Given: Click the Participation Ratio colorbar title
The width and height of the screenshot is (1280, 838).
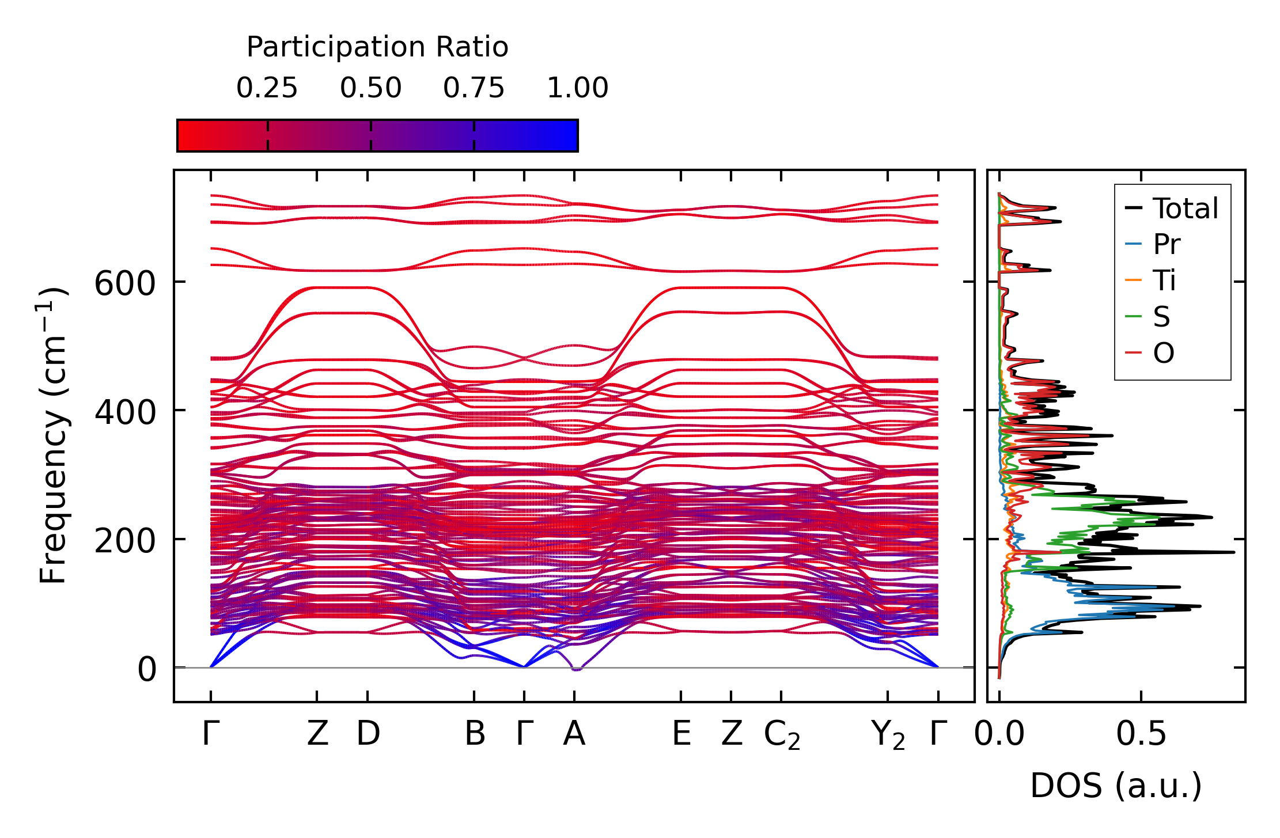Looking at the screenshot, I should pyautogui.click(x=377, y=47).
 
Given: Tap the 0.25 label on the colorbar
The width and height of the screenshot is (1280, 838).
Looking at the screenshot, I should pyautogui.click(x=267, y=88).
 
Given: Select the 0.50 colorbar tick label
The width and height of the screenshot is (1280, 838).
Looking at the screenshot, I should pyautogui.click(x=370, y=88).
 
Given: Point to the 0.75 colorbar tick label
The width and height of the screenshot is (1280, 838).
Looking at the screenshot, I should pyautogui.click(x=474, y=88).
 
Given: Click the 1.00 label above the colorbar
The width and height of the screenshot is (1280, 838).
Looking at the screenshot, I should pyautogui.click(x=577, y=88).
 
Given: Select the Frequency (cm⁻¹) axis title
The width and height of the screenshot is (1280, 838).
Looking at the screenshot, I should pyautogui.click(x=54, y=436).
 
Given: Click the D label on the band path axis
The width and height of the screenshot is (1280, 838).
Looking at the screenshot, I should pyautogui.click(x=368, y=734).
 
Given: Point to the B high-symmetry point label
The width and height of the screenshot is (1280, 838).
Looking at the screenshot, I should pyautogui.click(x=475, y=734).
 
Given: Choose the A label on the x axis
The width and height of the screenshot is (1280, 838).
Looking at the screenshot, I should pyautogui.click(x=574, y=734).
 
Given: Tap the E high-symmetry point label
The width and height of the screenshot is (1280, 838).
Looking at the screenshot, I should pyautogui.click(x=681, y=734).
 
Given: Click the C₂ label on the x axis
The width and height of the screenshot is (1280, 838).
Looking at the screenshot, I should pyautogui.click(x=782, y=735).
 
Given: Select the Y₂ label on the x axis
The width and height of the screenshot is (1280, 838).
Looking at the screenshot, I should pyautogui.click(x=888, y=735).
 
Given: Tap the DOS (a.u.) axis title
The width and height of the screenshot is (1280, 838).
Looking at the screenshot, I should pyautogui.click(x=1116, y=786).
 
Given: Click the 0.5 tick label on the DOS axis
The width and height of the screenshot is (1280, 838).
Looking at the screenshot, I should pyautogui.click(x=1141, y=734).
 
